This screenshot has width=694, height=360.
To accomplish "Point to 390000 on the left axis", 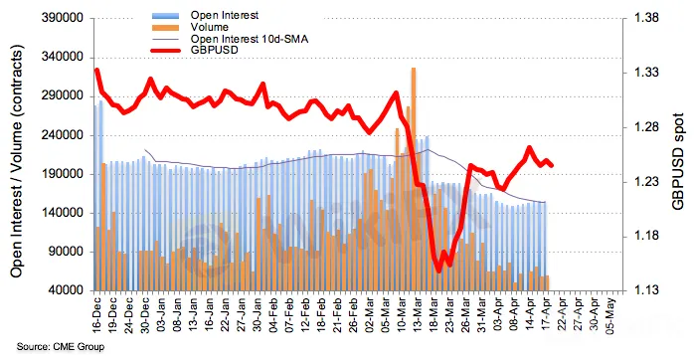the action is click(62, 18).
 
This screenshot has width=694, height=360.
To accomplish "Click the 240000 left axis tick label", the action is click(62, 135).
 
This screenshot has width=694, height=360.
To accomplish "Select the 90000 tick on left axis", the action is click(65, 252).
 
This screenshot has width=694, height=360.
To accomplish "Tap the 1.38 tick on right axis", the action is click(646, 18).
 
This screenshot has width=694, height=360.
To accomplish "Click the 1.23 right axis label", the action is click(646, 182).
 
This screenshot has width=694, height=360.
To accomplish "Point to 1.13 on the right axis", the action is click(646, 290).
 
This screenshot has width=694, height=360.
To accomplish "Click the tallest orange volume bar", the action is click(414, 179).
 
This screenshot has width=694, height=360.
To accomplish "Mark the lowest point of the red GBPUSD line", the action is click(438, 271).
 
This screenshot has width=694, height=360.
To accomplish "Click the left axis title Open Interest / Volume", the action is click(16, 162).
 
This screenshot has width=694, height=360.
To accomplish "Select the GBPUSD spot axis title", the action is click(678, 161).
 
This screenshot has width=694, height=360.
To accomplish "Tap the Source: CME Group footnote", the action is click(61, 347).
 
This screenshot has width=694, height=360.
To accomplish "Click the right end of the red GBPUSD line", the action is click(552, 166).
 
